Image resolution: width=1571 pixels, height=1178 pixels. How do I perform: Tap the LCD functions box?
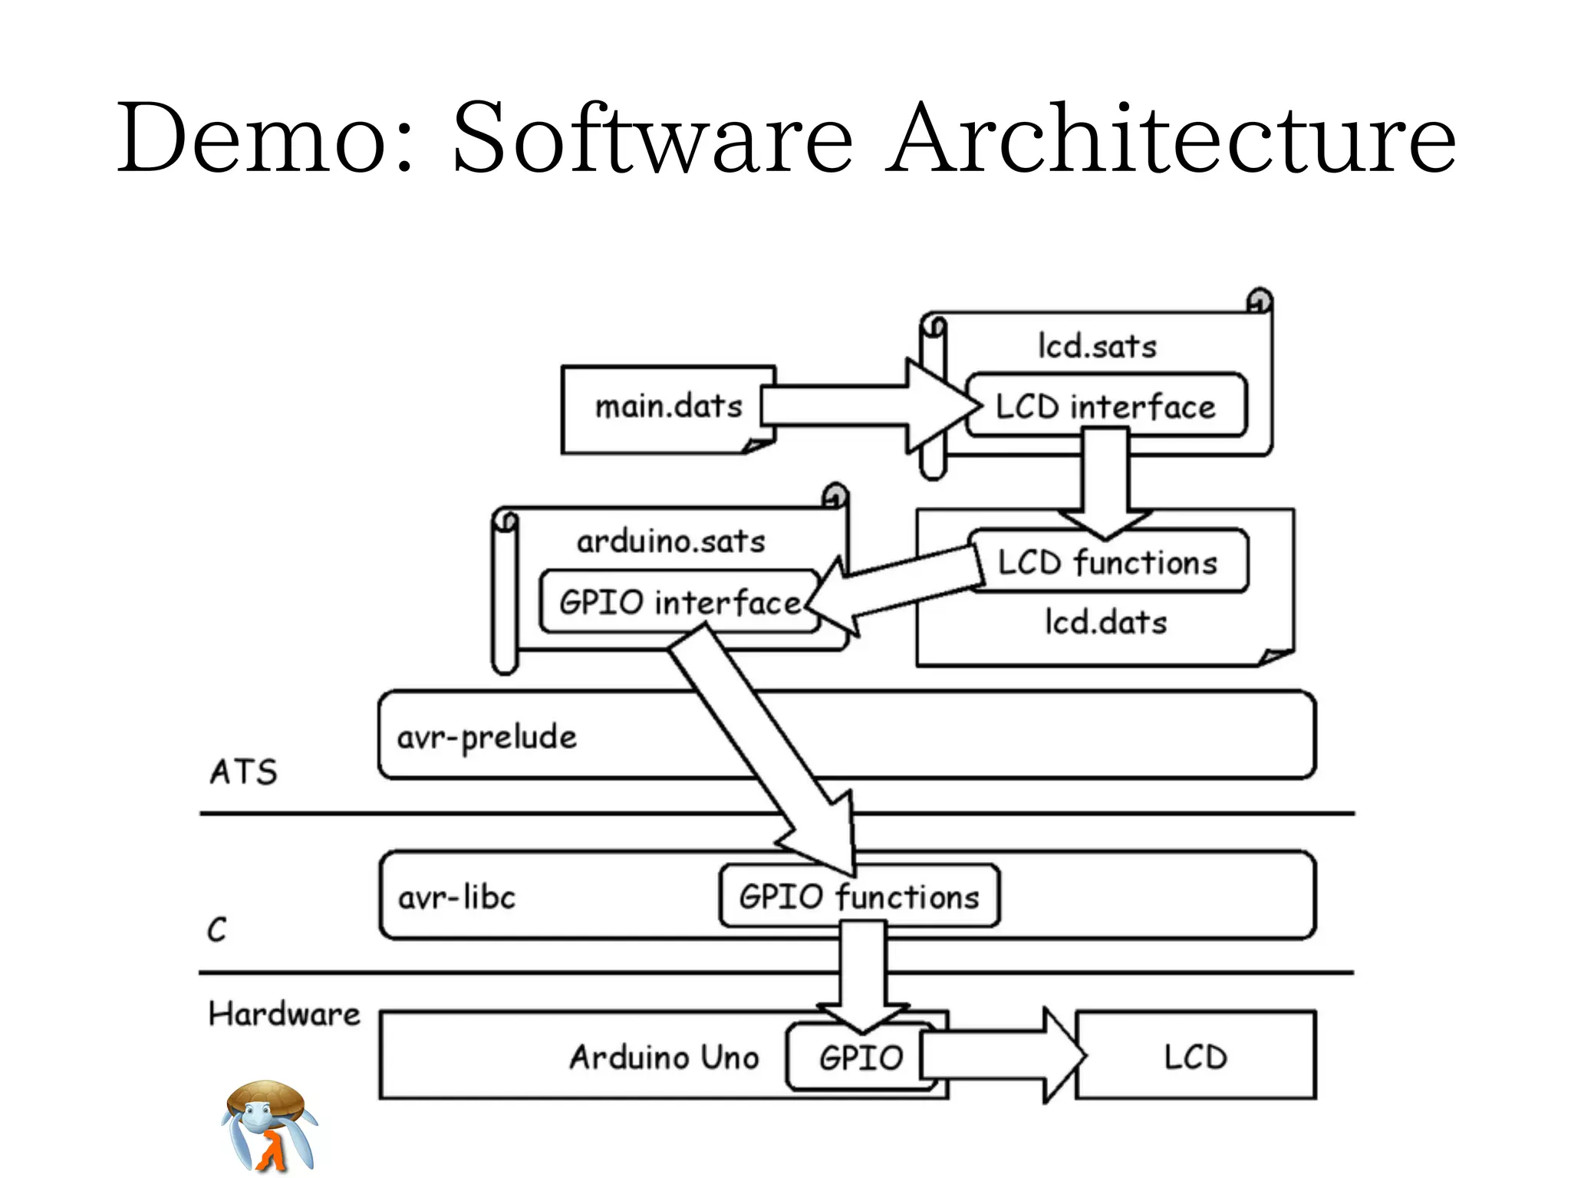[1108, 562]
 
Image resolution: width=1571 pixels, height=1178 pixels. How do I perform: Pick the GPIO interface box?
[679, 602]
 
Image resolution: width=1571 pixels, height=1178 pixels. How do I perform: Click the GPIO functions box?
[859, 897]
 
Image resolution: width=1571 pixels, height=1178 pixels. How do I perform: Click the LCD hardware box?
[1195, 1057]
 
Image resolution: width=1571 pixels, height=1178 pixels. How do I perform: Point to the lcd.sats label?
[1097, 346]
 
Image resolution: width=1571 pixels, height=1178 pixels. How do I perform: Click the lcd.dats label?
[1105, 622]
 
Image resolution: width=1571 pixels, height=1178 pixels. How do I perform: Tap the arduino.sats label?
[671, 541]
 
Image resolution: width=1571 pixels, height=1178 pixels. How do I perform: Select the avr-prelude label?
[486, 737]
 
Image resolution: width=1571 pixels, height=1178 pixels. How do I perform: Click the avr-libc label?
[456, 897]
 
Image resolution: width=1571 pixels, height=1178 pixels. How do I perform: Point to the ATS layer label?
[243, 772]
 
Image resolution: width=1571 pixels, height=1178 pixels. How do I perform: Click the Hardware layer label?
[284, 1014]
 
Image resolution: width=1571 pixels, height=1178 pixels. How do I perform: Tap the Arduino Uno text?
[664, 1057]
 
